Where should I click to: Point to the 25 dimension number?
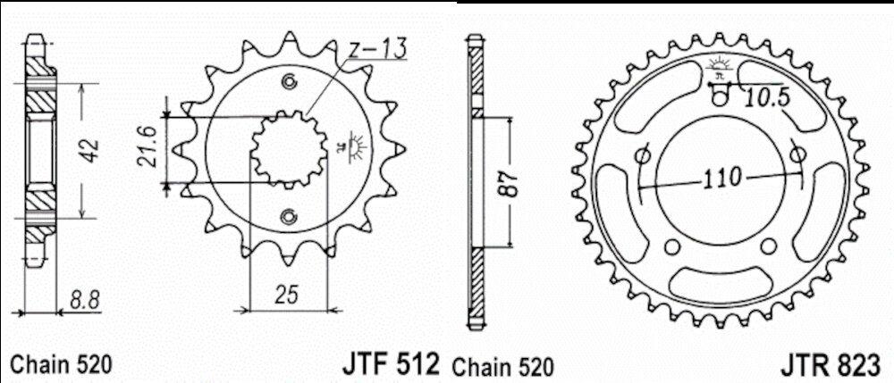pos(287,296)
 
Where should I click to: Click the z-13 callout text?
pos(377,50)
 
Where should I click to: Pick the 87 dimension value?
pos(510,183)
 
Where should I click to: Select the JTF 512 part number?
pos(391,363)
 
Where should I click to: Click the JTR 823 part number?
pos(831,365)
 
